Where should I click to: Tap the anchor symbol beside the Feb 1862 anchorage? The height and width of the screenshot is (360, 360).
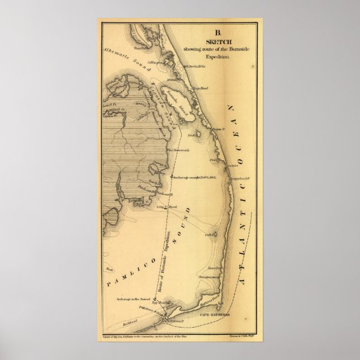171,177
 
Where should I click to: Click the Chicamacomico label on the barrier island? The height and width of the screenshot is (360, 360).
210,277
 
